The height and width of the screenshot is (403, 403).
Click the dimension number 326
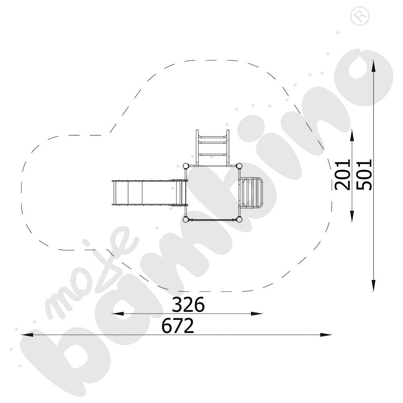tap(188, 304)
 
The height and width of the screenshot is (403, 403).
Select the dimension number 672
tap(178, 325)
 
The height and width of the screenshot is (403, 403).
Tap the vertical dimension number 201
tap(343, 175)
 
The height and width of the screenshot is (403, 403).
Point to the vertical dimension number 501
tap(364, 175)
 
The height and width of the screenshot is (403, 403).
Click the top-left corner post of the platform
tap(185, 166)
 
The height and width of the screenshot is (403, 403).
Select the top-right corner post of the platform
tap(239, 166)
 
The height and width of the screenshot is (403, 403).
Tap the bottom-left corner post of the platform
tap(185, 220)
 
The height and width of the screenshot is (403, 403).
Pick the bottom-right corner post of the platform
tap(239, 220)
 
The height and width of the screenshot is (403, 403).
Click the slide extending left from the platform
tap(150, 193)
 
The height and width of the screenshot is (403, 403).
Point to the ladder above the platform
tap(212, 148)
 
